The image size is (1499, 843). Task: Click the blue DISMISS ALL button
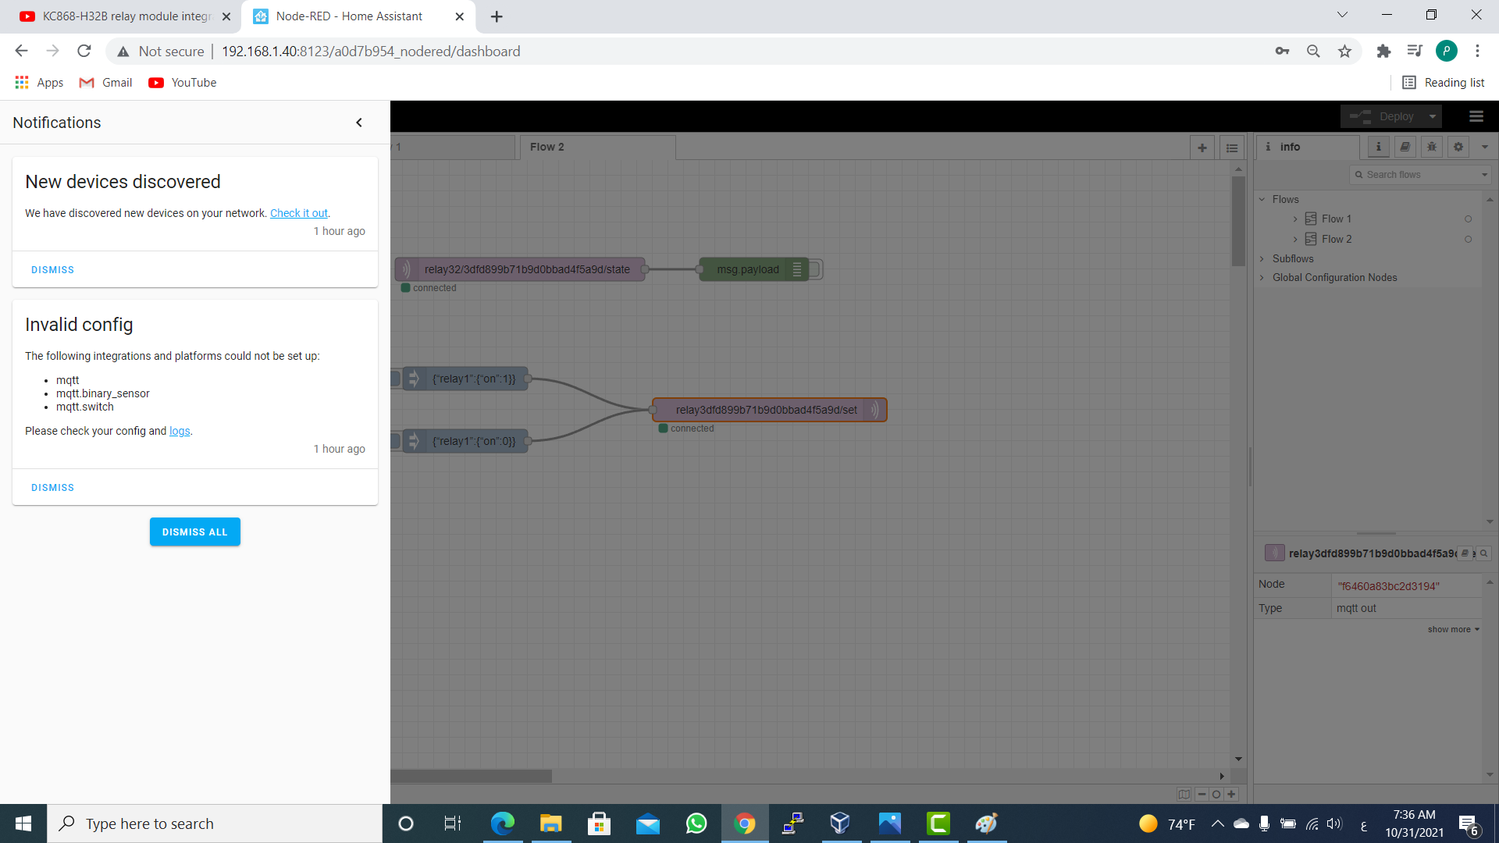coord(194,532)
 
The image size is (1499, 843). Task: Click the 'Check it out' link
coord(299,213)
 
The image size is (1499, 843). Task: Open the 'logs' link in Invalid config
coord(180,431)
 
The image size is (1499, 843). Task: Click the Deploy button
coord(1390,116)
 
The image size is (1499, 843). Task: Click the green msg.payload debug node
coord(754,269)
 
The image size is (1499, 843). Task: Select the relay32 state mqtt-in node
coord(520,269)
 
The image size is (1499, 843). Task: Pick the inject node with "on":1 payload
coord(465,379)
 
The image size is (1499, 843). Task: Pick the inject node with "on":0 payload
coord(465,441)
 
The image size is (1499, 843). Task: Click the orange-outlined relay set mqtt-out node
coord(770,410)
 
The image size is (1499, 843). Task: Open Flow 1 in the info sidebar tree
coord(1336,219)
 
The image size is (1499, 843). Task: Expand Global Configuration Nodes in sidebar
coord(1334,277)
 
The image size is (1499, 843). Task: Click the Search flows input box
coord(1419,175)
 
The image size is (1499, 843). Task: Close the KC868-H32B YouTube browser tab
coord(226,16)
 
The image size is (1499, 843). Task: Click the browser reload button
coord(84,52)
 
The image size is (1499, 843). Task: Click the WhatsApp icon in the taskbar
coord(696,823)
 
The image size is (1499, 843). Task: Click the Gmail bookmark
coord(106,83)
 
